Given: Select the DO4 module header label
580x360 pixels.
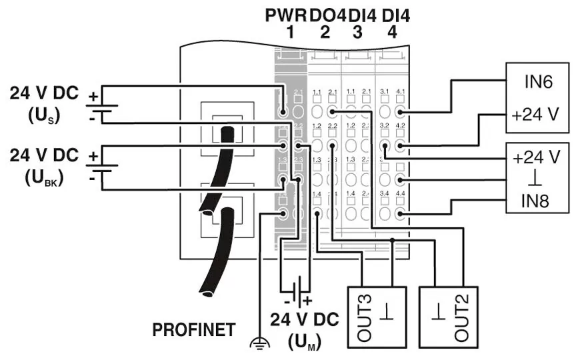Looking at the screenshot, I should pos(326,15).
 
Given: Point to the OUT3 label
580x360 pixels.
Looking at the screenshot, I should pos(364,317).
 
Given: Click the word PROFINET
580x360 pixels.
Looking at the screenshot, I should pos(194,329).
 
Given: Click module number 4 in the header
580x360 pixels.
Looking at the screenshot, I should pos(392,32).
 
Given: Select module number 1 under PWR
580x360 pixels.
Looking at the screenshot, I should pos(289,32).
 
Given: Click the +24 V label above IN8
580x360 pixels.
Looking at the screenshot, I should pos(537,159).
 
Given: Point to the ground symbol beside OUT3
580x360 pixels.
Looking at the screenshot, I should pos(387,317).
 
